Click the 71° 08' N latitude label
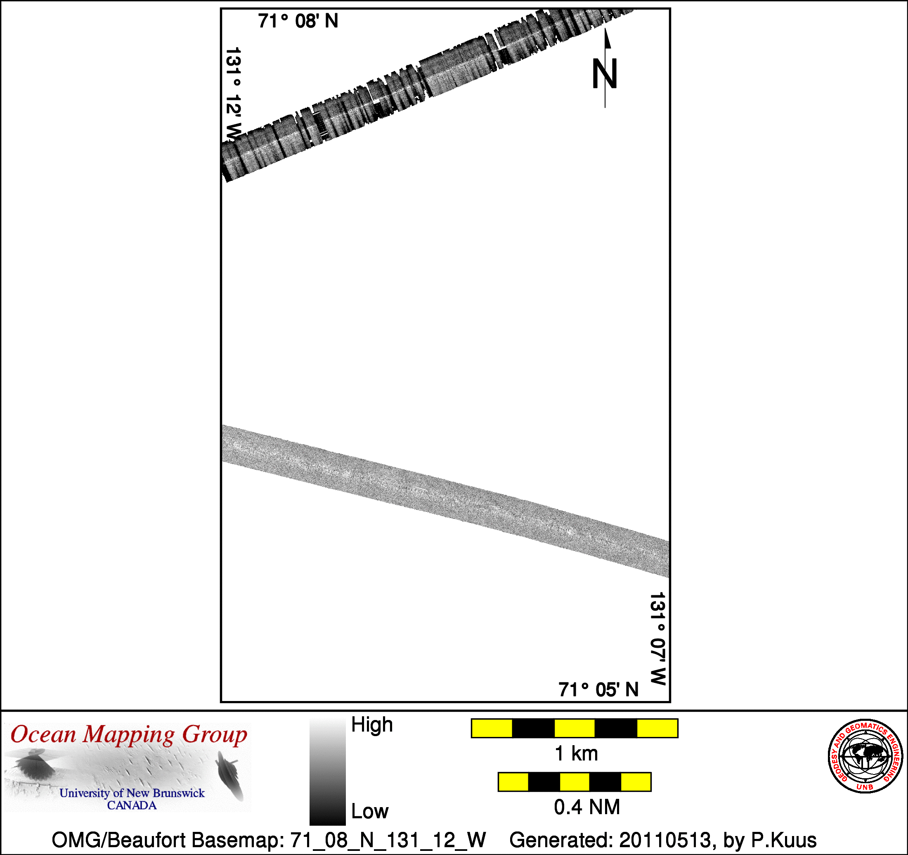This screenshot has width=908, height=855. tap(298, 21)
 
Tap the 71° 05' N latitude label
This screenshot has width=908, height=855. tap(598, 689)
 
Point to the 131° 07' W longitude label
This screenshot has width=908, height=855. tap(658, 639)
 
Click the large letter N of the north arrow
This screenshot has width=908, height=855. tap(605, 73)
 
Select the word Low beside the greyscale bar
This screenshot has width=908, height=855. tap(369, 811)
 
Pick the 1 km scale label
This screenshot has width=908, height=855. tap(576, 753)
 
